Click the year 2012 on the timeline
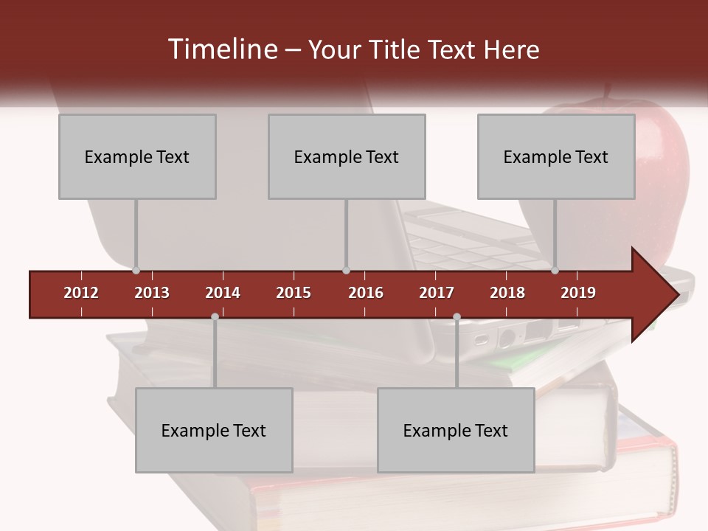pos(81,293)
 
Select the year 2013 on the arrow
pos(152,293)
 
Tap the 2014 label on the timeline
pos(223,293)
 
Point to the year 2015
pos(294,293)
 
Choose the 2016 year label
pos(366,293)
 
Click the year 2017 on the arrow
pos(437,293)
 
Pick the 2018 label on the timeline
pos(507,293)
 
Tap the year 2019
pos(578,293)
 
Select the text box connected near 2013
pos(137,156)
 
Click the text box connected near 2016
pos(347,156)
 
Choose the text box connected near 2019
pos(556,156)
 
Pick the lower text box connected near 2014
pos(214,430)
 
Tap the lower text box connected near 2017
pos(456,430)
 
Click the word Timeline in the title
pos(221,49)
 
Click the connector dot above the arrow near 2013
pos(136,271)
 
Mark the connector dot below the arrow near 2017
pos(457,317)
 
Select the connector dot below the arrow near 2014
pos(215,317)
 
